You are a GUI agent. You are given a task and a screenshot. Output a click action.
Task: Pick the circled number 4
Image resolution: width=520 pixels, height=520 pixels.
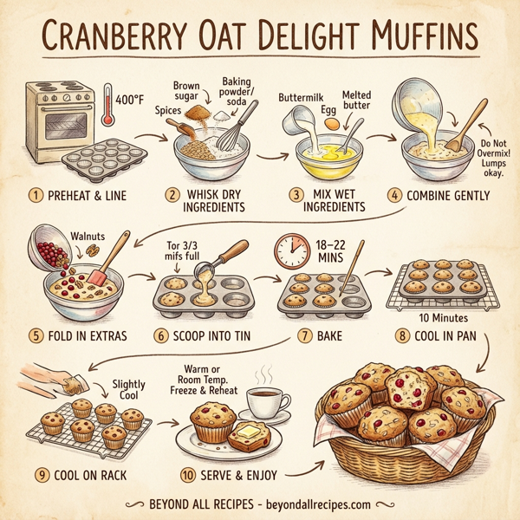[x=394, y=195]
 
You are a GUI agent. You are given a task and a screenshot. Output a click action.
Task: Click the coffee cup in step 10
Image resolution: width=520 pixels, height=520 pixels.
[x=267, y=401]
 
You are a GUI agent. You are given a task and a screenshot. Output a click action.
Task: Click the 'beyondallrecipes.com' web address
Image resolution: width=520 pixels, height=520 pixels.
[x=314, y=504]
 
